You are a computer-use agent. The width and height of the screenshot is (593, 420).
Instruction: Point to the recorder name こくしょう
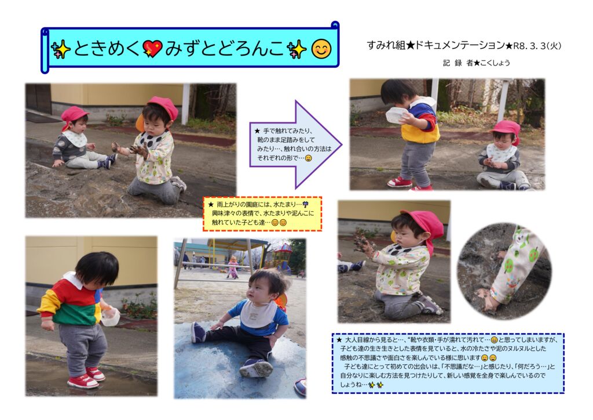pos(495,63)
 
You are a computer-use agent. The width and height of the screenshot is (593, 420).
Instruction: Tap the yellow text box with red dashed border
pos(262,213)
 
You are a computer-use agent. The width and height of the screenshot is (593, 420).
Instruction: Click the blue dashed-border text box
pos(448,363)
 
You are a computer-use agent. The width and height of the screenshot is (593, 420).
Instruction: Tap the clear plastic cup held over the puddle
pos(110,317)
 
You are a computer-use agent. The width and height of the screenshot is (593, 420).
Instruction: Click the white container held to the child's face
pos(396,114)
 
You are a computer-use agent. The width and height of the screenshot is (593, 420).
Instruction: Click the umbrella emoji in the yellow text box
pos(305,205)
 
